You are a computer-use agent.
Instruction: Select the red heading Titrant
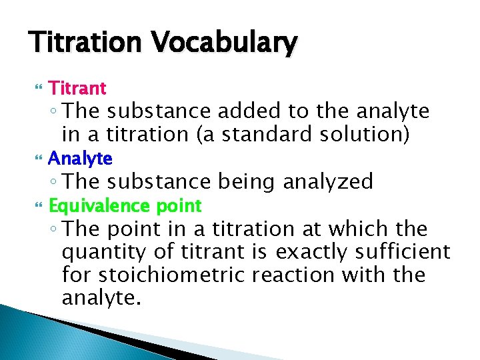[x=77, y=88]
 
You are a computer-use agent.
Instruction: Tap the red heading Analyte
[x=80, y=159]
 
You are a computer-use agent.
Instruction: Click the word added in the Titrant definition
[x=257, y=111]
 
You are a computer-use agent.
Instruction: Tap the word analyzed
[x=329, y=181]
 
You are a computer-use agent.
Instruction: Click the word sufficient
[x=408, y=252]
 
